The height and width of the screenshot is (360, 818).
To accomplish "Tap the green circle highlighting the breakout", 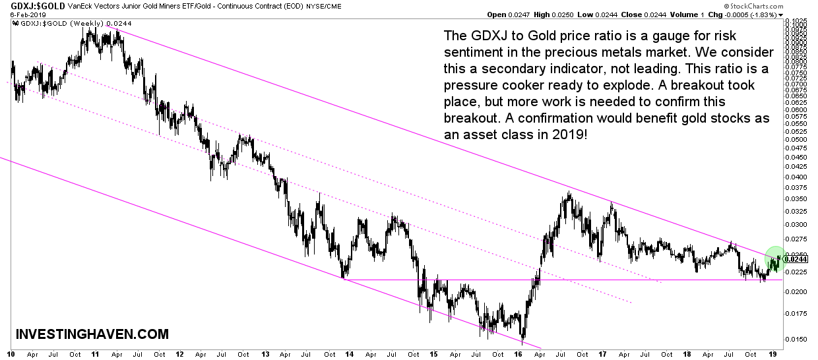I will pos(775,258).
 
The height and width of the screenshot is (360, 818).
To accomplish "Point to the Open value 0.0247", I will pos(515,15).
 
